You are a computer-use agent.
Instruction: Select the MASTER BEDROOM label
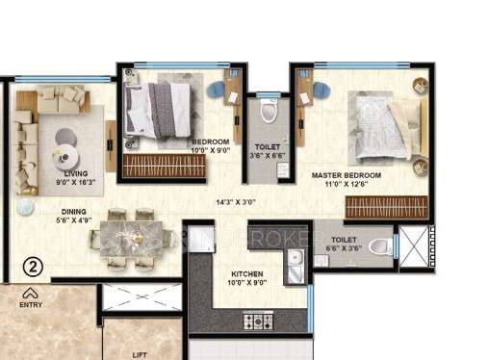coord(347,176)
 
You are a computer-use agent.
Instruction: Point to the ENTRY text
coord(31,304)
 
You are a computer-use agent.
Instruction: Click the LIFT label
coord(141,354)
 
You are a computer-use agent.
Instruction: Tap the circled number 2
coord(32,267)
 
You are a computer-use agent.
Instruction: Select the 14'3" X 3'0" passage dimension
coord(238,202)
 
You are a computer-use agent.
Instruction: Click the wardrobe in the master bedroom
coord(385,206)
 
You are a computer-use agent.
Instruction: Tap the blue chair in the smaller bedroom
coord(215,91)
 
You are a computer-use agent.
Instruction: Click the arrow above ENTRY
coord(31,293)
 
